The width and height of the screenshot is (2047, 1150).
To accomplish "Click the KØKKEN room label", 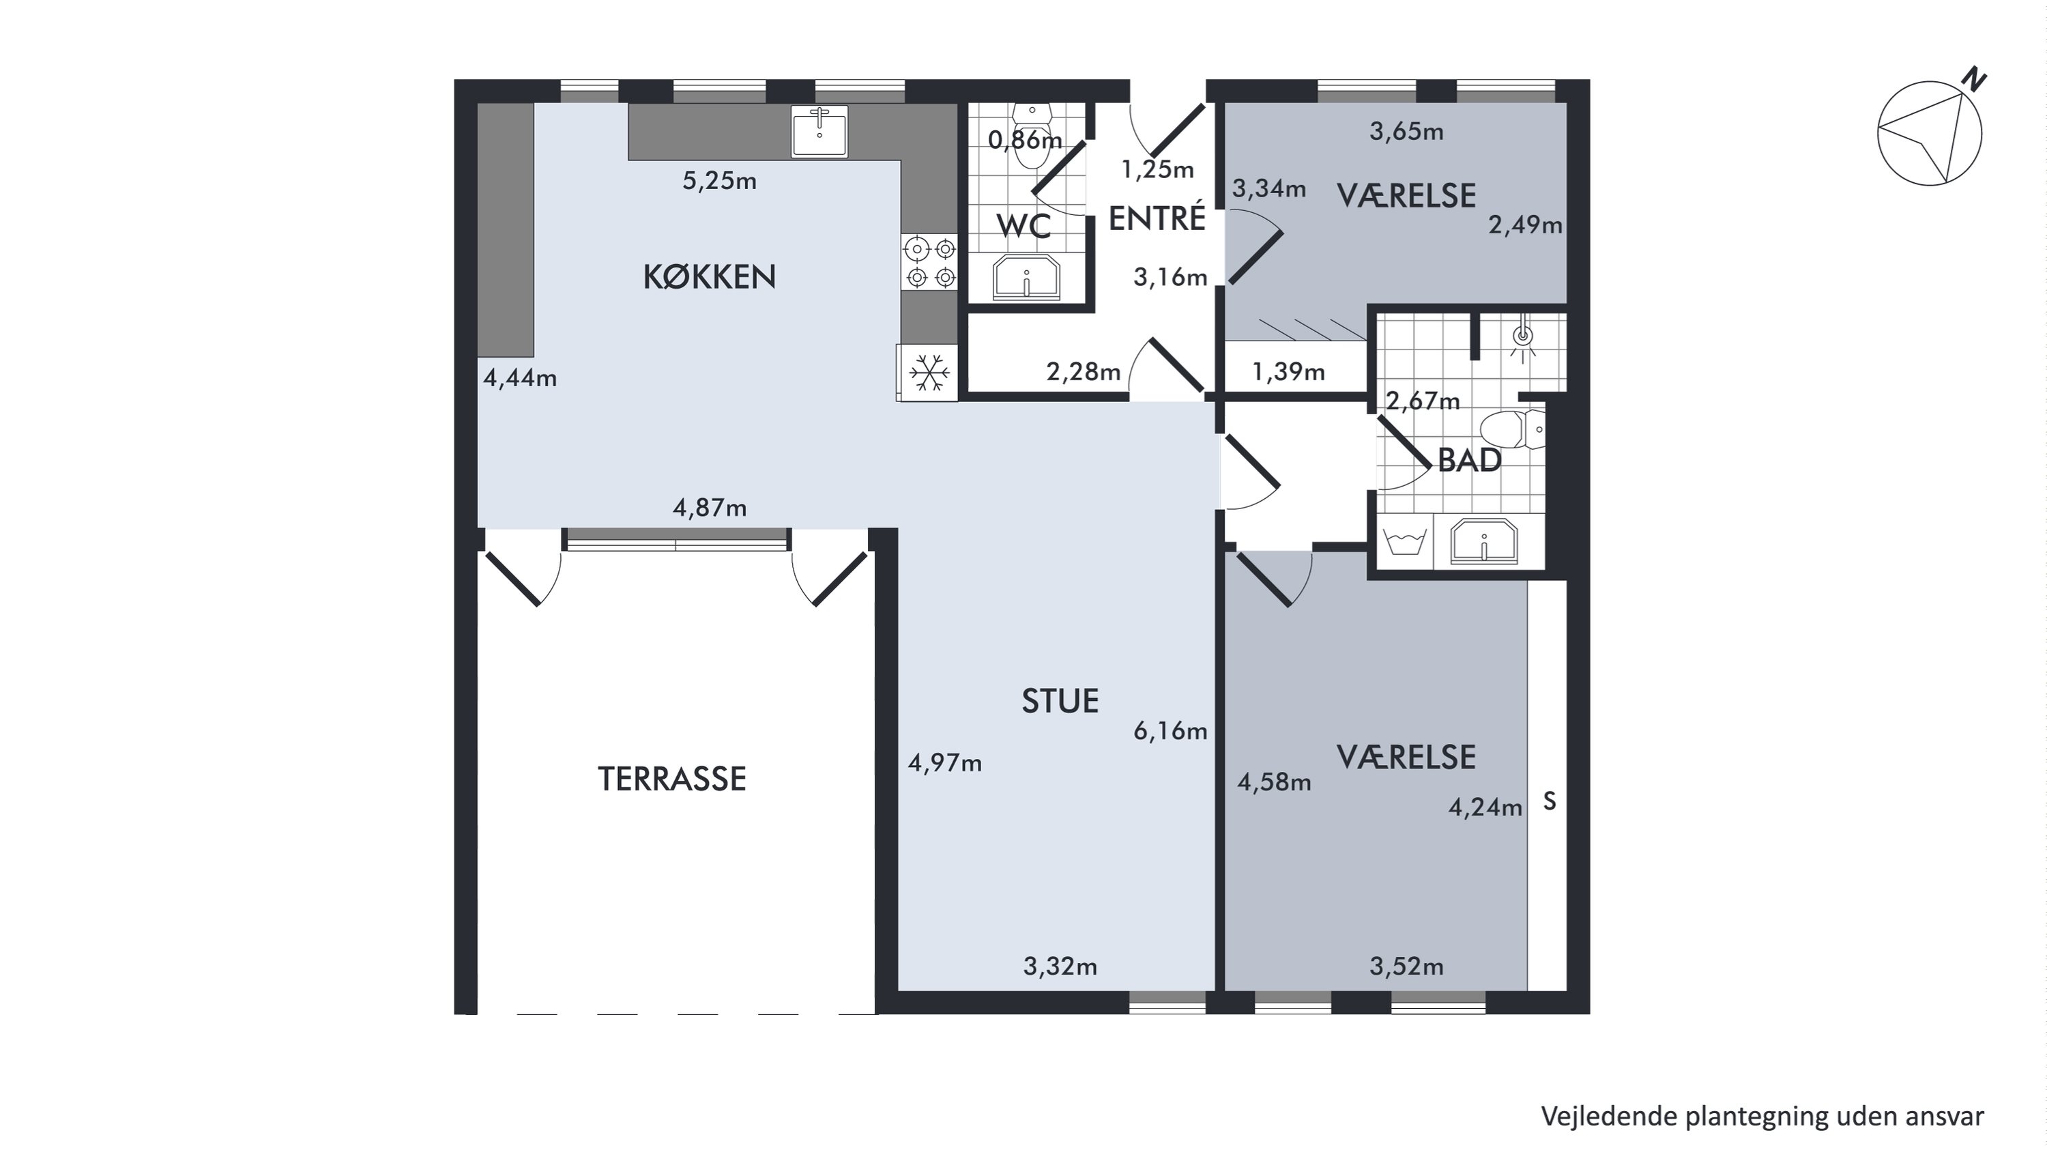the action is [709, 276].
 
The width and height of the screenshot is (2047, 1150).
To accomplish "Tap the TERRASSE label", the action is [671, 779].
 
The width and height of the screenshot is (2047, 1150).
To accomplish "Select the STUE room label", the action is [1060, 701].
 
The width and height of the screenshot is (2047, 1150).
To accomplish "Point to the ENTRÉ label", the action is [1157, 218].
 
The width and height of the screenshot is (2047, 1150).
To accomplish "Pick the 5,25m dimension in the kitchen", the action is [719, 182].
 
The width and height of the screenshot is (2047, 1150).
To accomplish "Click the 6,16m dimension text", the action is [1170, 730].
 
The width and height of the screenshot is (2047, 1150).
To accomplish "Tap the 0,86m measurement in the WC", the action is [1025, 140].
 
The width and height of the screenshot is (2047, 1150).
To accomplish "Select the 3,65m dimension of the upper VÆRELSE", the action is [1406, 131].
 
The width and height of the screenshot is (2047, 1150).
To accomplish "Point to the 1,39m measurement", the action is [1288, 371].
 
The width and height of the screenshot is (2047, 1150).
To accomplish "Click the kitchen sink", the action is [820, 131].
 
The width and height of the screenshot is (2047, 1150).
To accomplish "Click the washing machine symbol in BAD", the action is [1404, 543].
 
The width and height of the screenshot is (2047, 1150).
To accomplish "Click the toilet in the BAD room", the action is [1512, 429].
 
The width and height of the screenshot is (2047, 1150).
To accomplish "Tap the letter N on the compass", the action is [1975, 81].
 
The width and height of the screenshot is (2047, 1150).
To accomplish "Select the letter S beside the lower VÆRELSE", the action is [1550, 803].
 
